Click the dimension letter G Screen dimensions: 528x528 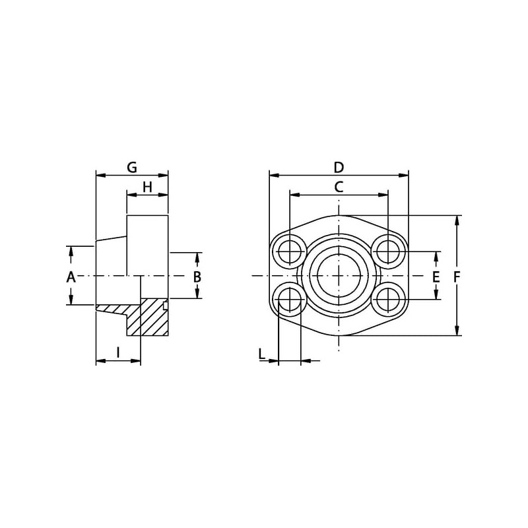(132, 168)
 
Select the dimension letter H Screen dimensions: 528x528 (147, 187)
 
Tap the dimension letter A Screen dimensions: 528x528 (71, 277)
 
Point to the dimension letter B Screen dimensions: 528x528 (197, 277)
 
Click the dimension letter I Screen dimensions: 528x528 (118, 352)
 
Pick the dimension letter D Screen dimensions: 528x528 (339, 168)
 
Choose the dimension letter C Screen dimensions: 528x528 (339, 187)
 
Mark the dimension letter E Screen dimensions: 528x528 (436, 277)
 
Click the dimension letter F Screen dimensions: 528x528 (457, 277)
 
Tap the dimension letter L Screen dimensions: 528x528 (262, 354)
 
